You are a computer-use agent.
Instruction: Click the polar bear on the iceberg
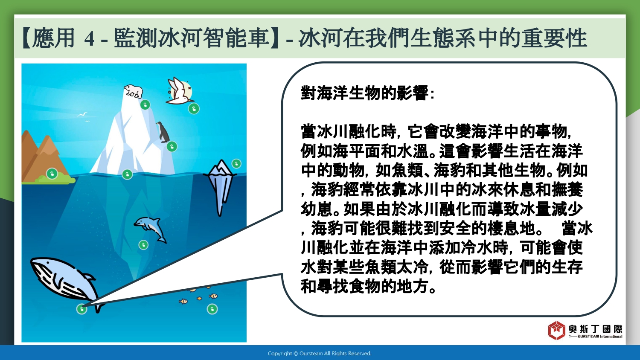(133, 91)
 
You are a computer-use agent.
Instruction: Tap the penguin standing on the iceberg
(163, 132)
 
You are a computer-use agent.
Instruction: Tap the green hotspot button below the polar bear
(145, 105)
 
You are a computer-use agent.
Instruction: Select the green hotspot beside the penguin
(172, 147)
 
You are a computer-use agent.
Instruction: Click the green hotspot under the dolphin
(143, 245)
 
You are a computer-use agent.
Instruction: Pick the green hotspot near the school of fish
(212, 309)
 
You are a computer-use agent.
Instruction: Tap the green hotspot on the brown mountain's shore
(52, 174)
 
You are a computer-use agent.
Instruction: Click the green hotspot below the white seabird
(194, 109)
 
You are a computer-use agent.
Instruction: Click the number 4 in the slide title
(89, 38)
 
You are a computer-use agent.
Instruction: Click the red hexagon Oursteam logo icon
(556, 330)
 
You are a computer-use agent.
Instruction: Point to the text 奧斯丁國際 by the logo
(596, 329)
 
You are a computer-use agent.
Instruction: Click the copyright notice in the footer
(320, 354)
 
